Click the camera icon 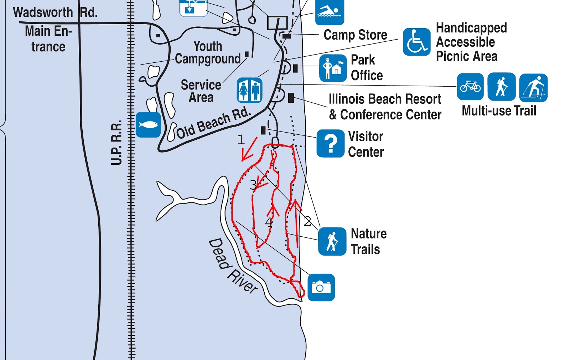click(321, 287)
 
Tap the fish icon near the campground click(148, 125)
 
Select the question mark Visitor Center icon click(330, 143)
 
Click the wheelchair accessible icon click(416, 42)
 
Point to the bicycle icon click(470, 87)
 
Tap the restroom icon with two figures click(249, 90)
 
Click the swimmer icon click(330, 12)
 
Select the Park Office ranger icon click(333, 68)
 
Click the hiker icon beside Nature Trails click(332, 241)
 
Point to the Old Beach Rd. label click(213, 123)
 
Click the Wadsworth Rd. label click(55, 12)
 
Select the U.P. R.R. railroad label click(116, 143)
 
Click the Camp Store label click(355, 35)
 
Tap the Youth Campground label click(208, 53)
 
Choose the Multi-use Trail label click(499, 111)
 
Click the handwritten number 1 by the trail click(241, 139)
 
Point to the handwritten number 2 click(307, 221)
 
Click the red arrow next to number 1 click(249, 149)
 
